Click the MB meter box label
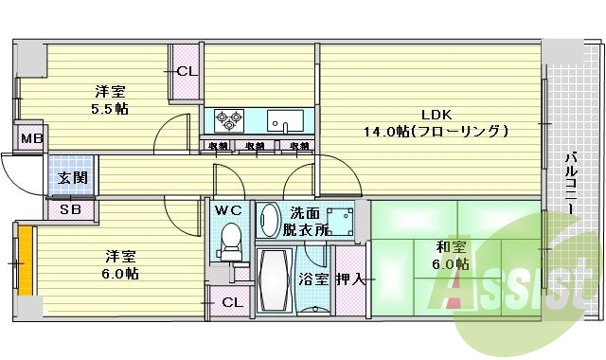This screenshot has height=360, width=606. (x=32, y=138)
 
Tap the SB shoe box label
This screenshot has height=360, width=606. (x=69, y=210)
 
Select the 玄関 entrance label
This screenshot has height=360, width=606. (x=72, y=178)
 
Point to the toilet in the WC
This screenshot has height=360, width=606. (x=229, y=242)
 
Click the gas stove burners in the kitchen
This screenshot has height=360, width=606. (x=230, y=120)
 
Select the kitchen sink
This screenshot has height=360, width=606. (x=285, y=120)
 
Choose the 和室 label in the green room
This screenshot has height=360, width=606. (x=449, y=245)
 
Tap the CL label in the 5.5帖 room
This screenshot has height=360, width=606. (x=187, y=71)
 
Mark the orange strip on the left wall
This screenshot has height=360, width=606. (x=26, y=259)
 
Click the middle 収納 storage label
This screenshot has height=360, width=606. (x=254, y=146)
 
